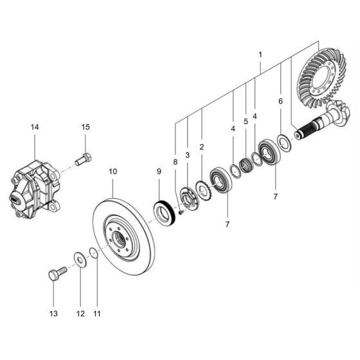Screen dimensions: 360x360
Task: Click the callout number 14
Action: point(35,127)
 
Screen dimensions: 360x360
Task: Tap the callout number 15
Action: point(85,127)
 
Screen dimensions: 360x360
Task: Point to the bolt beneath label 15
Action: point(84,158)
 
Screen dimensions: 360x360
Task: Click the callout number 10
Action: point(113,172)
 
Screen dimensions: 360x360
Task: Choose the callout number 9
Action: point(160,172)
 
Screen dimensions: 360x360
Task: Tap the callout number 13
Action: point(53,313)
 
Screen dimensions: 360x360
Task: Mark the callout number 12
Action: point(79,313)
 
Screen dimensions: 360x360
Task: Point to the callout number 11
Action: point(97,313)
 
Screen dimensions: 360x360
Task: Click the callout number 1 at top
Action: point(260,56)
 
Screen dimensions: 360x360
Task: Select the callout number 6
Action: point(280,102)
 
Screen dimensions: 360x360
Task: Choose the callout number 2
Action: point(201,147)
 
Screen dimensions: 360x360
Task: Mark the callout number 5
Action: point(245,121)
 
